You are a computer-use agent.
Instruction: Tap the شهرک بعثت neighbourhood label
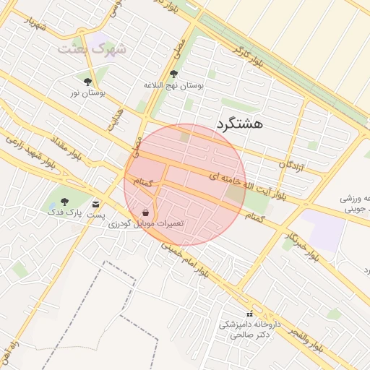click(x=92, y=49)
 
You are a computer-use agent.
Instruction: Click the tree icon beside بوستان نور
click(x=88, y=82)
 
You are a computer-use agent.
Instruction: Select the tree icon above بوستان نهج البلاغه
click(x=173, y=74)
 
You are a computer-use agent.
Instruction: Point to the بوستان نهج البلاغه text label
click(x=173, y=85)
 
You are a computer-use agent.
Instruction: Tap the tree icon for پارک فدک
click(x=64, y=201)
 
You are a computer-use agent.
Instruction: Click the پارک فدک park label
click(x=65, y=212)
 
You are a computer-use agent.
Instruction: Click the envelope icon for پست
click(x=95, y=205)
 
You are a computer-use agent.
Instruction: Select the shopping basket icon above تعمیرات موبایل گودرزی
click(x=146, y=212)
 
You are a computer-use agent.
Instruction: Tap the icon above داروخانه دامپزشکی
click(x=250, y=314)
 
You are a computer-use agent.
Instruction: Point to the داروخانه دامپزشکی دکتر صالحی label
click(x=245, y=330)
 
